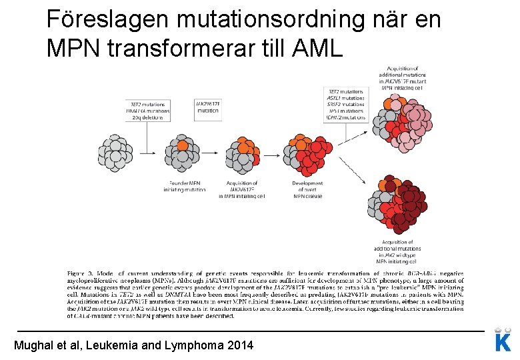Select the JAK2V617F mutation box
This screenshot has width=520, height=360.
[x=207, y=107]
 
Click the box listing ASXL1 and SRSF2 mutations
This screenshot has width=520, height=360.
[x=345, y=104]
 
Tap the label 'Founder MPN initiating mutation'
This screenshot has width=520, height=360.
[x=185, y=186]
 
